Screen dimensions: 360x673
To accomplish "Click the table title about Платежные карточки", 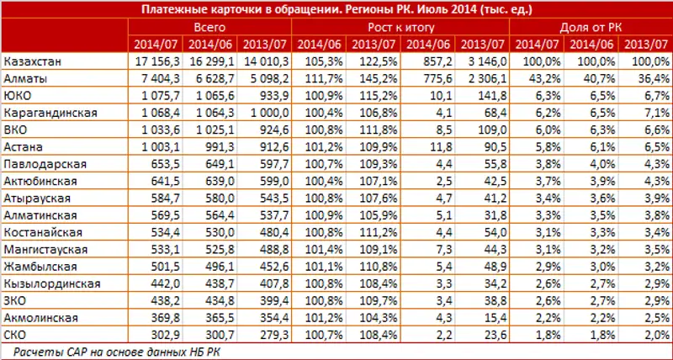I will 336,9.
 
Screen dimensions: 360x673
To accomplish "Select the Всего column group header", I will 209,27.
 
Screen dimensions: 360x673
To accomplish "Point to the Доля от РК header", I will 591,27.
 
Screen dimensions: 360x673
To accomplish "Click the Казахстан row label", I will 31,61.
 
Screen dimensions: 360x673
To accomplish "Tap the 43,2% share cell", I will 533,77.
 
